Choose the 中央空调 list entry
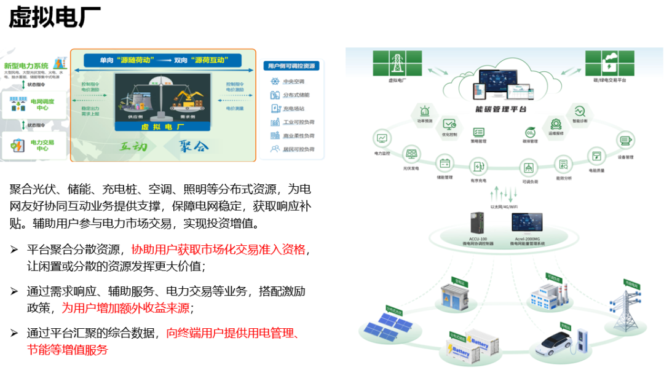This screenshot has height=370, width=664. tap(293, 81)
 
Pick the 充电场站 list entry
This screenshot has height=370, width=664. tap(293, 108)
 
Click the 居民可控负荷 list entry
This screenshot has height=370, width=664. tap(298, 149)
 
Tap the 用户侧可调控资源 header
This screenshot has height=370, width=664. tap(291, 65)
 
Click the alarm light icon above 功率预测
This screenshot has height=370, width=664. tap(424, 112)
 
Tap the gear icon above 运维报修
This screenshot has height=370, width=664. tap(556, 124)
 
